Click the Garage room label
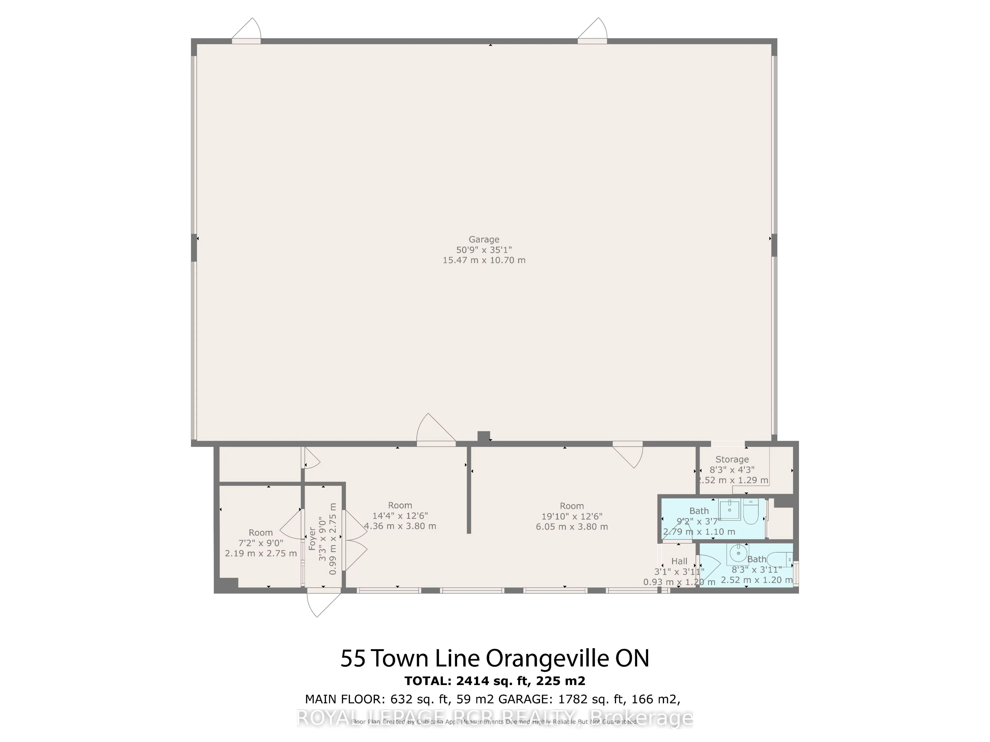[484, 239]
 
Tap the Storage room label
[732, 459]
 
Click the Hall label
[679, 561]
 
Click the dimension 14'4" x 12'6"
[400, 515]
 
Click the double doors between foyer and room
[354, 540]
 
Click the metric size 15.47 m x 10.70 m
[484, 260]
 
